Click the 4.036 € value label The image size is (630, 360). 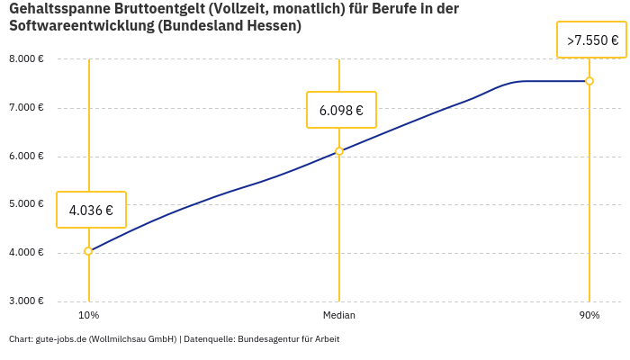click(91, 211)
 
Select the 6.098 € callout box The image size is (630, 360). click(341, 111)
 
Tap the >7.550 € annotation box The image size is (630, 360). click(591, 40)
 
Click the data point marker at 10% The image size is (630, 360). click(88, 251)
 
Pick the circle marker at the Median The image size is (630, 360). click(339, 151)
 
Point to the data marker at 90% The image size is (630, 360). click(589, 81)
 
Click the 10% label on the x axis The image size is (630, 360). click(88, 315)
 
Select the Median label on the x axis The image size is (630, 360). click(339, 315)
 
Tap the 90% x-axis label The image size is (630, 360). click(589, 315)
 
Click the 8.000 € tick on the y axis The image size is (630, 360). click(26, 59)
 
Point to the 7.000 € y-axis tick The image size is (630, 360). click(26, 108)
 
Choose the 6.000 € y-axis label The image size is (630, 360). click(26, 156)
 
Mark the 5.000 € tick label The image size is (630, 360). click(26, 204)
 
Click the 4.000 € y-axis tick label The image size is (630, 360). click(26, 253)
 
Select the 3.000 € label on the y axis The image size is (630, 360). click(26, 301)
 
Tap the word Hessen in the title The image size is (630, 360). click(274, 26)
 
